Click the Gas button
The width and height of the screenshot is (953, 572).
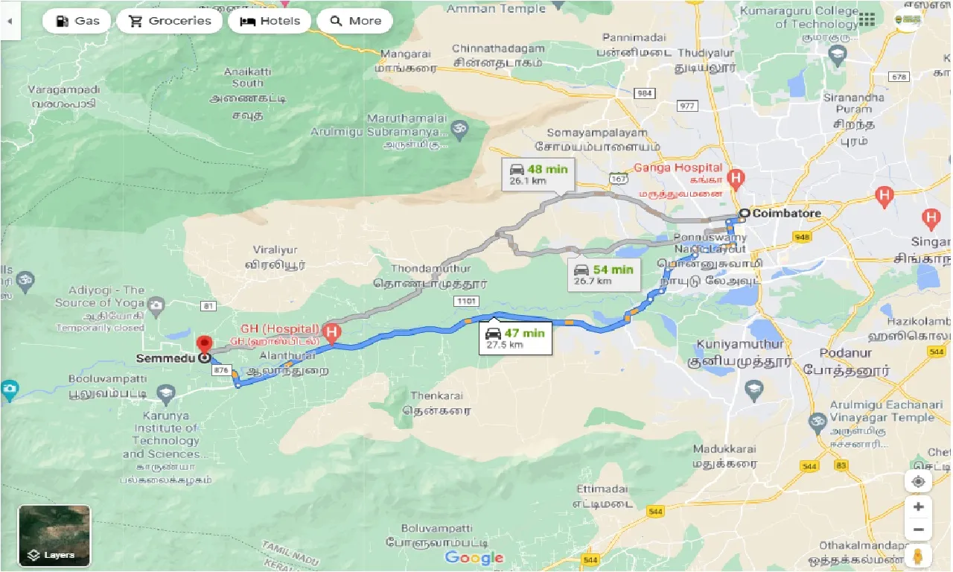tap(77, 21)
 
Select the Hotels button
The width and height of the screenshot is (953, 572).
tap(269, 21)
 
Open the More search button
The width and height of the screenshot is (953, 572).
tap(355, 21)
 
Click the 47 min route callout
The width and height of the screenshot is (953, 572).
tap(515, 337)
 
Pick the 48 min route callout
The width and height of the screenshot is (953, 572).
tap(538, 174)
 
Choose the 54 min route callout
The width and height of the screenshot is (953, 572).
tap(603, 274)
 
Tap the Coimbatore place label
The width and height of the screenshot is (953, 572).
tap(786, 214)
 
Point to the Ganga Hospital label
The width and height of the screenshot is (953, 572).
tap(678, 168)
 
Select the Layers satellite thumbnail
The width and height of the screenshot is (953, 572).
tap(54, 536)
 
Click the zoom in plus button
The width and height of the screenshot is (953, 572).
tap(918, 506)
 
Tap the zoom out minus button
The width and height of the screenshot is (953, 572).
tap(918, 530)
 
